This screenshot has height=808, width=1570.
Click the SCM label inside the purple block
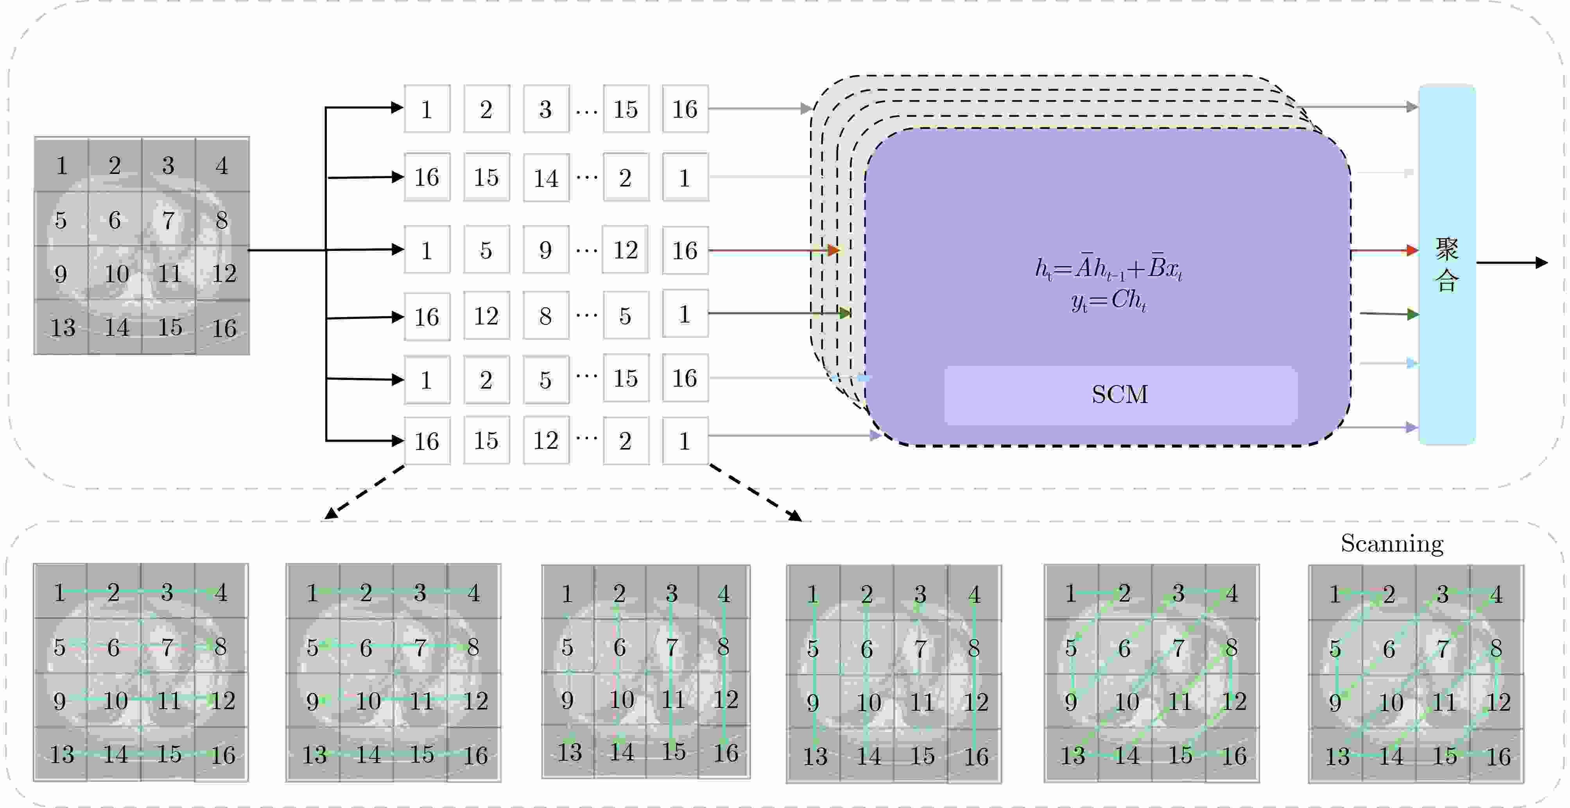point(1120,395)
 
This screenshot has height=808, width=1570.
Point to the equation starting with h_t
point(1108,269)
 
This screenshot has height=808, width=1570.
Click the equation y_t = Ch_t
point(1108,300)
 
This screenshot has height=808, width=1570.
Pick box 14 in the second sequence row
point(546,178)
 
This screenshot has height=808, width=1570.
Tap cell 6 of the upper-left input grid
point(115,220)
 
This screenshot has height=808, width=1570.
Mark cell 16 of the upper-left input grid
point(224,328)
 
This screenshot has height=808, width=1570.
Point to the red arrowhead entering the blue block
point(1412,250)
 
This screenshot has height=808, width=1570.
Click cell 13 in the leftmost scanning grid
point(61,754)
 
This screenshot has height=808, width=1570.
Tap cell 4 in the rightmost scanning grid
point(1496,594)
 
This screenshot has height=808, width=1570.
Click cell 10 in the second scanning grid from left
point(368,701)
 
